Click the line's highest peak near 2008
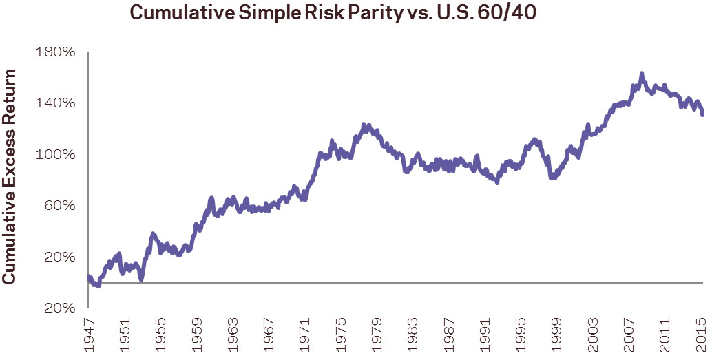pos(641,73)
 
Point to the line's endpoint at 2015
pos(702,115)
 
